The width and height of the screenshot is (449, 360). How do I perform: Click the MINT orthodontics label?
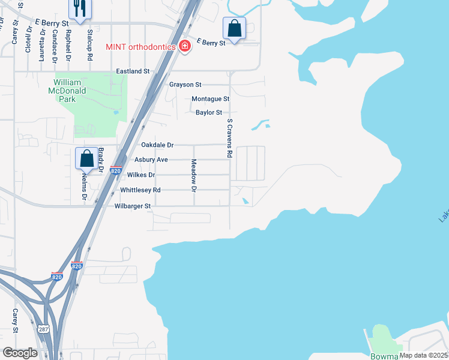click(140, 47)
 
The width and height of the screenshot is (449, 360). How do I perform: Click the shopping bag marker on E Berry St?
click(234, 28)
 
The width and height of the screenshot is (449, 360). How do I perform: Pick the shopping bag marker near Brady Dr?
click(87, 159)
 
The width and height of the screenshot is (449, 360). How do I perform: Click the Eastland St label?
click(133, 71)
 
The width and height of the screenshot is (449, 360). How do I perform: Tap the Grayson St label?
click(185, 85)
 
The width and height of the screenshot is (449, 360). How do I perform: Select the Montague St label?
click(210, 98)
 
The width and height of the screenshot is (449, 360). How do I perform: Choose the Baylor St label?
click(209, 112)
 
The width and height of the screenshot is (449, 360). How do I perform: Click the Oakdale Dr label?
click(157, 145)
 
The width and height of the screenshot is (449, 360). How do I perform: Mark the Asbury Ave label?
click(151, 160)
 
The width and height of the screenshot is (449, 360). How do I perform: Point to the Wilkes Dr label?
click(142, 175)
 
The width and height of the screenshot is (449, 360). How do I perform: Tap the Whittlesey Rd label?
click(140, 190)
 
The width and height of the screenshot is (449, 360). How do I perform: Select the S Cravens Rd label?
click(229, 138)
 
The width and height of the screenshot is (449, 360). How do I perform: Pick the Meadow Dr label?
click(194, 176)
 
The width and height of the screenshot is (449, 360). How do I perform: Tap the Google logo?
click(20, 353)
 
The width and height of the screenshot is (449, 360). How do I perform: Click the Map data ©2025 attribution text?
click(423, 355)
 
